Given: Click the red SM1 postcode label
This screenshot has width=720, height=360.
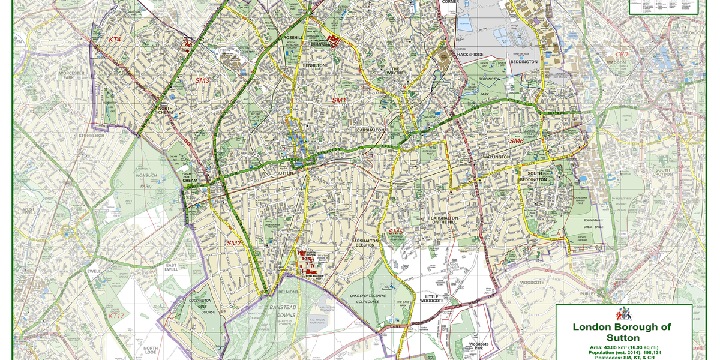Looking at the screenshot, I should pyautogui.click(x=340, y=100).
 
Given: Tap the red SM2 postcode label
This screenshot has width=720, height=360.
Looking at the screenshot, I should pyautogui.click(x=233, y=243).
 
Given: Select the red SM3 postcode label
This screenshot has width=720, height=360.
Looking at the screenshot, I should pyautogui.click(x=202, y=80).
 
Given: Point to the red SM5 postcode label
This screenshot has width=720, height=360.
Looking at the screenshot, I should pyautogui.click(x=395, y=232).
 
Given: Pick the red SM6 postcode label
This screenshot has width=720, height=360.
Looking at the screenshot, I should pyautogui.click(x=517, y=141).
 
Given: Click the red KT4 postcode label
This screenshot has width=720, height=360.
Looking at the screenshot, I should pyautogui.click(x=115, y=40).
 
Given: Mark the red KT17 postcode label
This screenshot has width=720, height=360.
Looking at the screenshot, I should pyautogui.click(x=116, y=316).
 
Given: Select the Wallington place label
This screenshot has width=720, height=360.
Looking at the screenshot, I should pyautogui.click(x=496, y=157).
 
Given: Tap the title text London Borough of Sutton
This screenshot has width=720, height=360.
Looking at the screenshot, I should pyautogui.click(x=622, y=332).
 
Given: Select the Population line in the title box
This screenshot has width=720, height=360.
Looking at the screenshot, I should pyautogui.click(x=622, y=353).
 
